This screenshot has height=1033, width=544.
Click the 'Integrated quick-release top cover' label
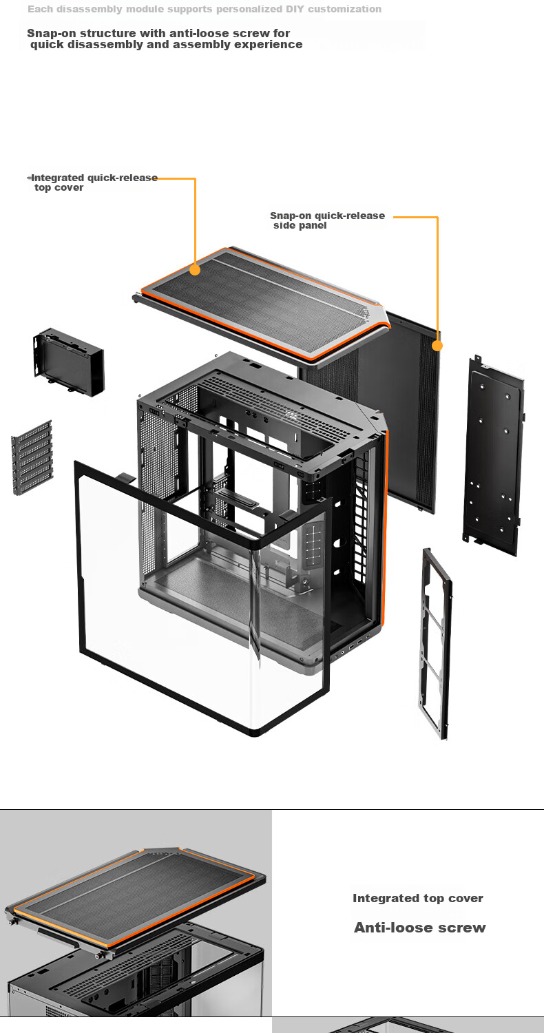click(92, 182)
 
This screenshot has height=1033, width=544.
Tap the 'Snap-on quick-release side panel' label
click(327, 220)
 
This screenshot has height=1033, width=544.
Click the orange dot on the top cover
click(195, 270)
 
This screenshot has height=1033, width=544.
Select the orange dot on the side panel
click(437, 346)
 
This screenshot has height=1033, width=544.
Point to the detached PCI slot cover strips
click(32, 457)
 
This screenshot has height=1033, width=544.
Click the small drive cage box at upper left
click(69, 362)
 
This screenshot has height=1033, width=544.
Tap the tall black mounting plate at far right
click(493, 456)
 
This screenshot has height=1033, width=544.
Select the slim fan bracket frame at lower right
click(435, 643)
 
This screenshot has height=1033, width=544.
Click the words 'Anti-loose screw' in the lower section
click(419, 928)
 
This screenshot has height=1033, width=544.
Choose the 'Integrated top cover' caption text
click(418, 898)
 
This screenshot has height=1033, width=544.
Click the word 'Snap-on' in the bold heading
click(51, 33)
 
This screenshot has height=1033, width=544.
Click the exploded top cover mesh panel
click(262, 304)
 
